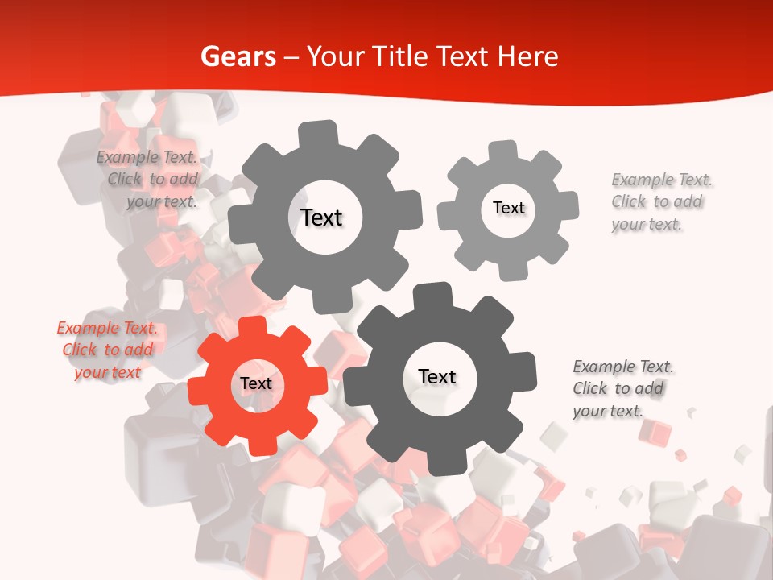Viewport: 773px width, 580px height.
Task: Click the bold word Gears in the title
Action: click(x=237, y=56)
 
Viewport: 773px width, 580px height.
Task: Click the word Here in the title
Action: click(x=527, y=56)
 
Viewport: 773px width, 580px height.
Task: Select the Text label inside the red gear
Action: click(x=256, y=384)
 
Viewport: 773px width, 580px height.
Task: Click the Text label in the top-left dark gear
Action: click(x=321, y=217)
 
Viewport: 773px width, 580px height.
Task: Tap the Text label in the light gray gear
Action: click(x=508, y=208)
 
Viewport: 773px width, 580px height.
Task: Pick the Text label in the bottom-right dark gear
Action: click(x=437, y=376)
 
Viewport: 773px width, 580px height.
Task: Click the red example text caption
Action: click(x=107, y=350)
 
